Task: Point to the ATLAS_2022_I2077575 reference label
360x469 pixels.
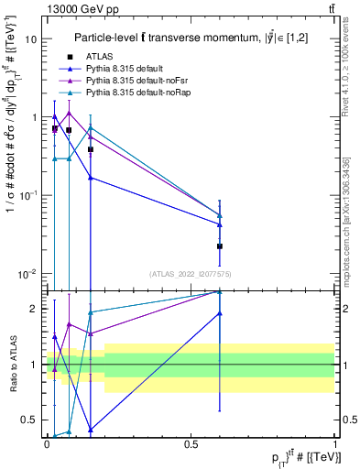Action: coord(191,273)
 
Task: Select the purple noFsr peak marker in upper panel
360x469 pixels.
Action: coord(70,114)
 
